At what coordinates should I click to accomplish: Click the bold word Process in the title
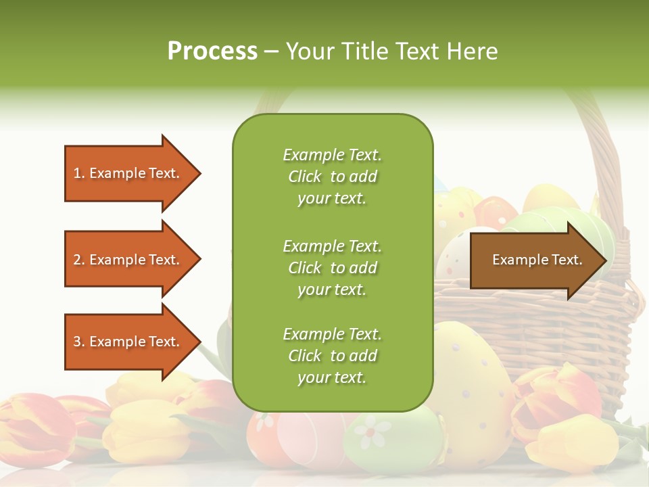click(x=212, y=51)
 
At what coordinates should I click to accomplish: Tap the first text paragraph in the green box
click(x=332, y=177)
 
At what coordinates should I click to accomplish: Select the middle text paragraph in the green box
click(x=332, y=268)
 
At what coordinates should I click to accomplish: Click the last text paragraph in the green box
click(x=332, y=356)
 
